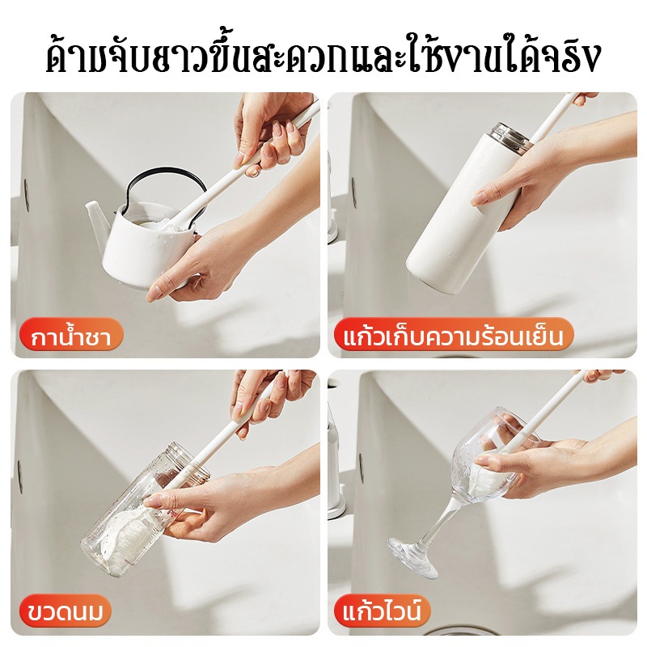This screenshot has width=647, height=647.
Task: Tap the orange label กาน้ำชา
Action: [71, 336]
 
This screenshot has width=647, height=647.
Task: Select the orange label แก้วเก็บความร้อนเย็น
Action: [453, 336]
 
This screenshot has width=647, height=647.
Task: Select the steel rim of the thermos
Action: [509, 135]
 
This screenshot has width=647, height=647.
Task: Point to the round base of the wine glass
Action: [413, 556]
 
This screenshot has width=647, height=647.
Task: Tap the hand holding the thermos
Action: [549, 177]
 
